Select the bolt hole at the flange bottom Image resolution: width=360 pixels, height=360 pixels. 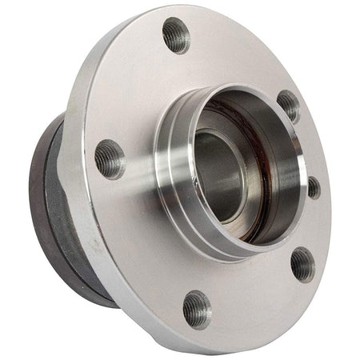coord(196,308)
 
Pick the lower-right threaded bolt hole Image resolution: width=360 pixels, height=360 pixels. coord(302,263)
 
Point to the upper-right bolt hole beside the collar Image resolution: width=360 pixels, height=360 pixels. coord(289,106)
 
